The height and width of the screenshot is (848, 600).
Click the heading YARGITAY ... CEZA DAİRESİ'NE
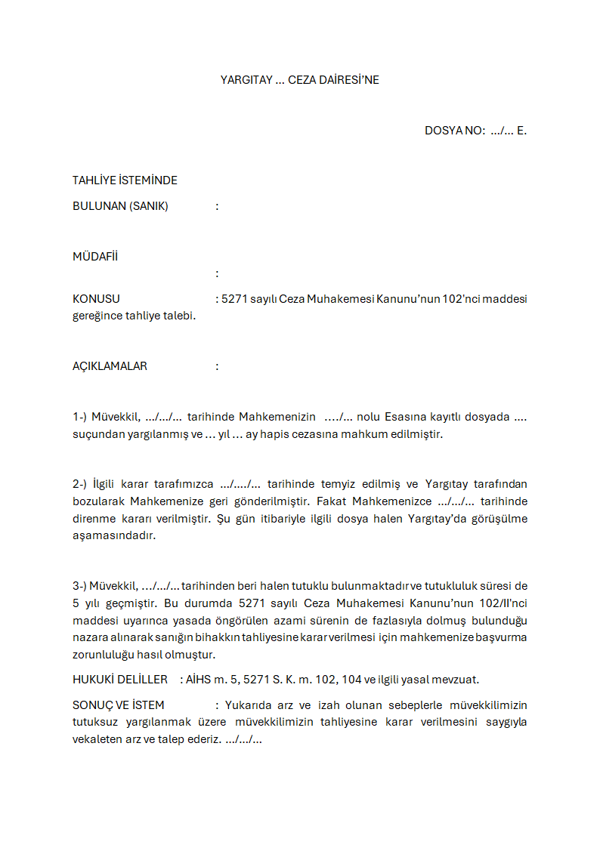299,79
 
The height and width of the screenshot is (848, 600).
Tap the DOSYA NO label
454,131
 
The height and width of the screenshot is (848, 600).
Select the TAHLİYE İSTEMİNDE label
125,180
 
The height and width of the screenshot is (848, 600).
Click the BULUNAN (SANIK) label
120,206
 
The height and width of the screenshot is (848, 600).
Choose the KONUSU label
96,299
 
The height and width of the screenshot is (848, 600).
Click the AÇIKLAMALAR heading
110,366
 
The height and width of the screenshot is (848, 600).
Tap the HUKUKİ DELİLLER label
120,680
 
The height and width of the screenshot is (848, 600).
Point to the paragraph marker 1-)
80,417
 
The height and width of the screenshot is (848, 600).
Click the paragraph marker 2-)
80,484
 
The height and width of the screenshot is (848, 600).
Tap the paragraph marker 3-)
79,585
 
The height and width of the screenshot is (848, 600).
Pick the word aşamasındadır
114,535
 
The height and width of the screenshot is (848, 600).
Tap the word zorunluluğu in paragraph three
104,655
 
